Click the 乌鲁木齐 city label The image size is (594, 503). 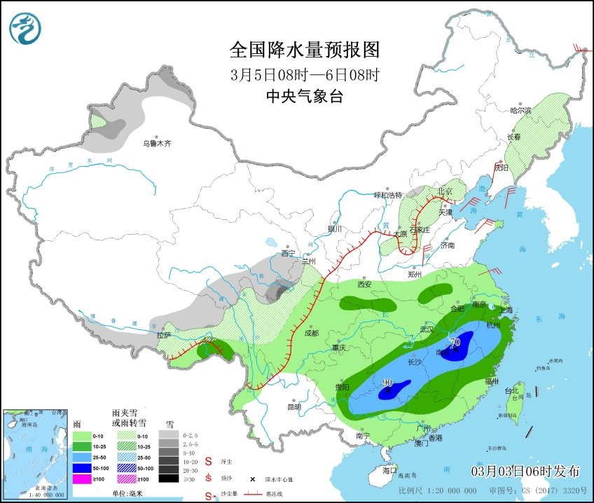point(157,144)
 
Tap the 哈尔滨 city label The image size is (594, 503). point(520,110)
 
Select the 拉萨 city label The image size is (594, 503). point(165,335)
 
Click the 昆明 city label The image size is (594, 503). point(293,406)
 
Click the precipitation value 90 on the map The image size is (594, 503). point(387,383)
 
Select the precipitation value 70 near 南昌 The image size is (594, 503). point(455,343)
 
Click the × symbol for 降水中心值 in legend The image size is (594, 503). point(250,480)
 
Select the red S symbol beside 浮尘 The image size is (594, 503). point(208,462)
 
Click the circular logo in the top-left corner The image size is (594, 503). point(25,28)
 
